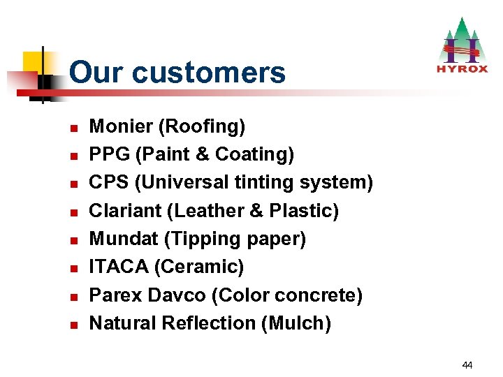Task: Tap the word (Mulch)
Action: pos(296,323)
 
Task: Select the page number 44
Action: pos(467,364)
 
